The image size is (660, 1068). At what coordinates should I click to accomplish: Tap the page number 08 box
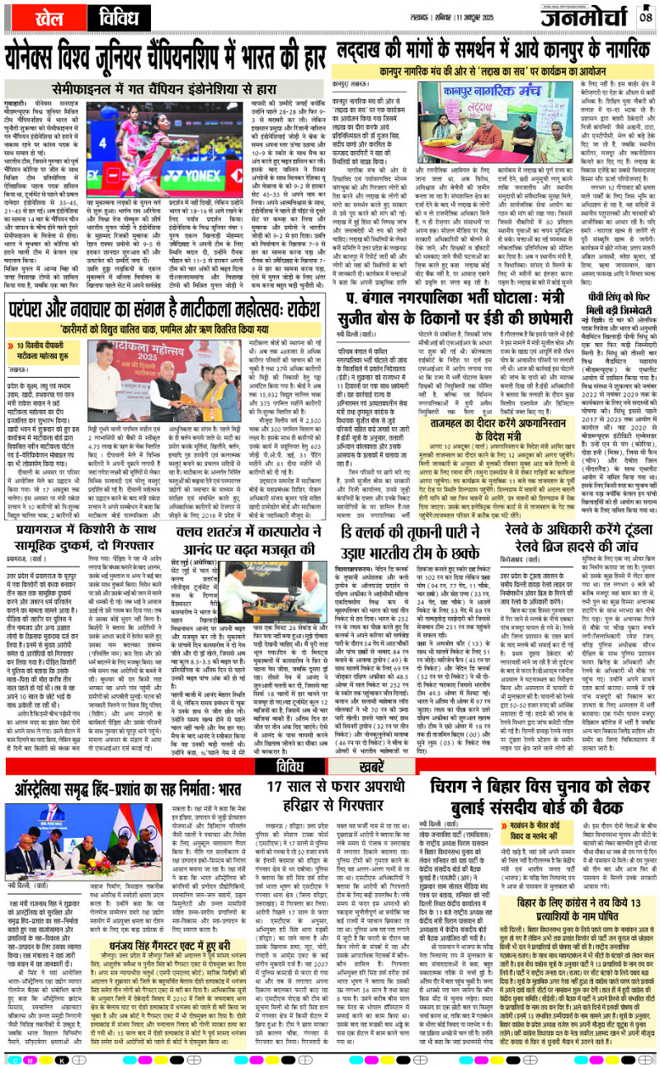tap(644, 16)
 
